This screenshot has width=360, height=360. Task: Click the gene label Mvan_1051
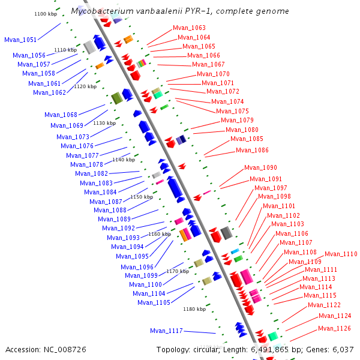pos(20,40)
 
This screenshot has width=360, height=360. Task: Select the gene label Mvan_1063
pos(189,28)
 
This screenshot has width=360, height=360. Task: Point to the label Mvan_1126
pos(334,328)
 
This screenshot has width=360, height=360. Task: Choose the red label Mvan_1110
pos(341,254)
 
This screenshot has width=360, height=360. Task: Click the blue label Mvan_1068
pos(61,115)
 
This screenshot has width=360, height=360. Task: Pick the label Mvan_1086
pos(252,151)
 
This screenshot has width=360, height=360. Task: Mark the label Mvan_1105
pos(154,302)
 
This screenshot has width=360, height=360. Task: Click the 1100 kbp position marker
pos(46,13)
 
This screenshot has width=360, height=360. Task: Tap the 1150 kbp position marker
pos(142,197)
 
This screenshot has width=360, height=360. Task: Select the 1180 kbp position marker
pos(194,310)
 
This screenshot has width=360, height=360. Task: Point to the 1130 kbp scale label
pos(104,122)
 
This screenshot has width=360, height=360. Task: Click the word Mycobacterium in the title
pos(100,11)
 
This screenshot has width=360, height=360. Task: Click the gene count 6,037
pos(343,349)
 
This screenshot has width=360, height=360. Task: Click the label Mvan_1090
pos(260,167)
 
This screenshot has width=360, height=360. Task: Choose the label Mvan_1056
pos(29,55)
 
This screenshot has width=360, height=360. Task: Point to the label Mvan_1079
pos(237,120)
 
